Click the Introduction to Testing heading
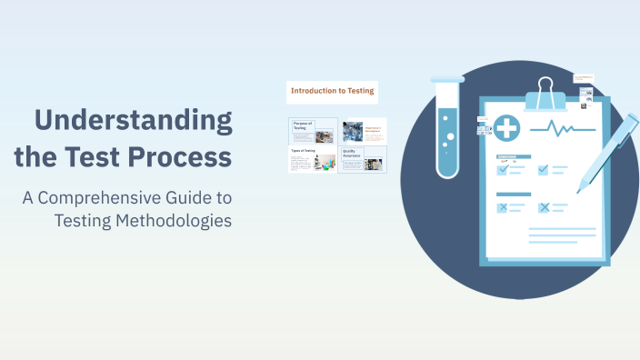coord(332,90)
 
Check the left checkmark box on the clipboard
coord(502,169)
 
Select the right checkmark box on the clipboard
coord(544,169)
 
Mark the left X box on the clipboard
coord(502,207)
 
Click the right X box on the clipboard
coord(544,207)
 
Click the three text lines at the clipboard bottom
coord(562,235)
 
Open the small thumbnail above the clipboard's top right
coord(584,79)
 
